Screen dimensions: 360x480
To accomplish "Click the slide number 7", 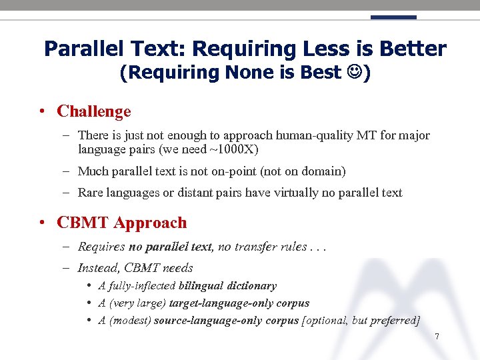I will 437,337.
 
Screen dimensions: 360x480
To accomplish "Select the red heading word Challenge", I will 94,111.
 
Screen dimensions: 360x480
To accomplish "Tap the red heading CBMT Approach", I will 122,223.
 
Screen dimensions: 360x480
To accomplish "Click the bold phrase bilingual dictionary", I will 227,285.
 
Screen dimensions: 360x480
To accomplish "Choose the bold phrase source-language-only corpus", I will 227,320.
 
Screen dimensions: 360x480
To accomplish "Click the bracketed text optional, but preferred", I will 361,320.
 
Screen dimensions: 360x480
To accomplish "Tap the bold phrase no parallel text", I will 171,247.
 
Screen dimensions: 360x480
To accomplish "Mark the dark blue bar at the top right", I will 393,17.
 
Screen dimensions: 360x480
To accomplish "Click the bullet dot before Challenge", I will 42,111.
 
